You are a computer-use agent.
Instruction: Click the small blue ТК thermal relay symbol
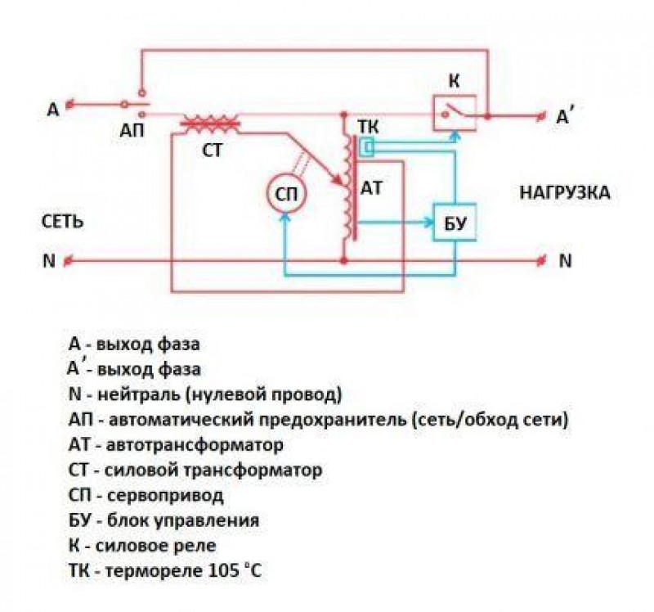368,147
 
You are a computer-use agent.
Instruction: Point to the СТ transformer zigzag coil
210,124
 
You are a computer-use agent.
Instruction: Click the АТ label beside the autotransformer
372,187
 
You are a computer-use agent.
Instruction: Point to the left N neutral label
48,261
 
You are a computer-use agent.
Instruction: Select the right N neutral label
566,261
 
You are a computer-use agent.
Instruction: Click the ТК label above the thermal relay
367,128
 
